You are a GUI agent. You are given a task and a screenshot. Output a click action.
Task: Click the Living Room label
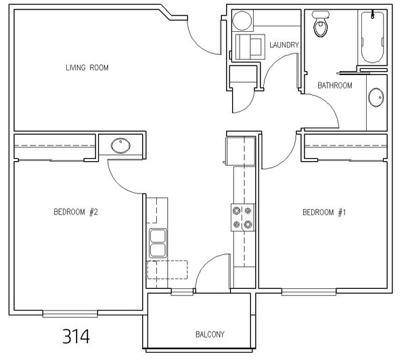click(87, 68)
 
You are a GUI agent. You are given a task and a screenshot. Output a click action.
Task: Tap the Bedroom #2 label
click(76, 212)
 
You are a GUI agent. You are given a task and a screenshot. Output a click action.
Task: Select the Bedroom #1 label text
click(324, 212)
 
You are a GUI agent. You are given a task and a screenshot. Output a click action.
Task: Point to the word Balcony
click(210, 334)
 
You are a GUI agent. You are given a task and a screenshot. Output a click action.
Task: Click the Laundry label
click(284, 45)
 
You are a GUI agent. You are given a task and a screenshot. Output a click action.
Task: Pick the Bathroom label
click(335, 85)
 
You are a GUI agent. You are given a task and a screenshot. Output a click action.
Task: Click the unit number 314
click(76, 336)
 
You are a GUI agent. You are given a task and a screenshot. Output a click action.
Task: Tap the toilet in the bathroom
click(321, 24)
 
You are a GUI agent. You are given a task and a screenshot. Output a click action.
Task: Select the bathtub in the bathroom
click(372, 37)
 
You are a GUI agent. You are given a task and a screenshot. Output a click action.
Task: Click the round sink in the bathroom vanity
click(376, 97)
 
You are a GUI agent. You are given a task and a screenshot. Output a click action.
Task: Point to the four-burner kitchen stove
click(243, 217)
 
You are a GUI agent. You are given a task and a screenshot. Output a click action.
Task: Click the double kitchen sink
click(158, 243)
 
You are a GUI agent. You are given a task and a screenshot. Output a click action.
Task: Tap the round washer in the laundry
click(242, 20)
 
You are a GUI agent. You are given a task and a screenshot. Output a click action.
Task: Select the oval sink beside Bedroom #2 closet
click(120, 145)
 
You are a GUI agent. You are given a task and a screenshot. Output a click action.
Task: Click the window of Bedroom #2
click(70, 314)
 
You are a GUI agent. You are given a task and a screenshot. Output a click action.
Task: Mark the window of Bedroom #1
click(309, 292)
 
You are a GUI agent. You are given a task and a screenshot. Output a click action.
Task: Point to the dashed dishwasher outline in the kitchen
click(168, 270)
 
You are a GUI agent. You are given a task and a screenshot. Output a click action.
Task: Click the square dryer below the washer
click(250, 47)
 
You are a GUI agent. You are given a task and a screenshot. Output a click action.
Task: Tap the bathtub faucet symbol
click(373, 14)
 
